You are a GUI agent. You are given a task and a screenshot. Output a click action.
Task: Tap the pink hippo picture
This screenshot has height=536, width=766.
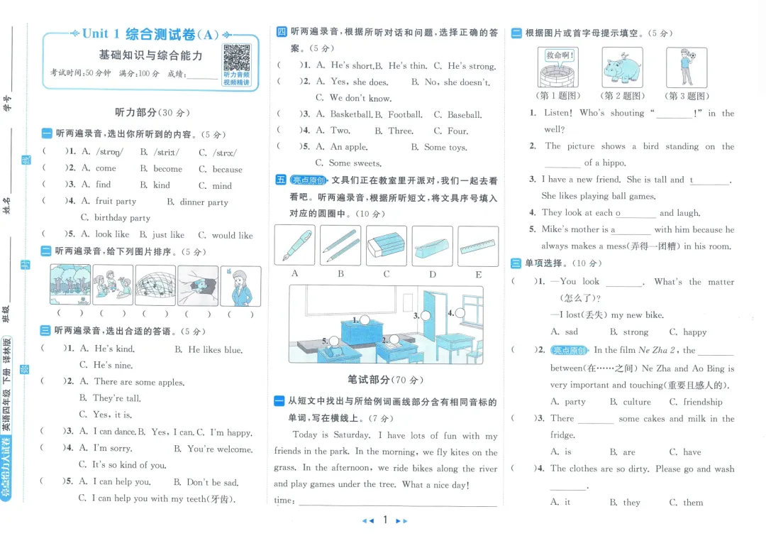(x=622, y=67)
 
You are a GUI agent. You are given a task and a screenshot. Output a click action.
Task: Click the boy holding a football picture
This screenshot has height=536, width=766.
(x=686, y=67)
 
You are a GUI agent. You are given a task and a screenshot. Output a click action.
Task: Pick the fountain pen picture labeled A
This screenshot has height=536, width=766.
(x=294, y=246)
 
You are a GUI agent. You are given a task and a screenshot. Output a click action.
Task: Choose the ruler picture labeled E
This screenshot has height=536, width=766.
(x=478, y=246)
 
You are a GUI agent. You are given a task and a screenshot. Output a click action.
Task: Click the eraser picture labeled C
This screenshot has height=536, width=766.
(x=387, y=246)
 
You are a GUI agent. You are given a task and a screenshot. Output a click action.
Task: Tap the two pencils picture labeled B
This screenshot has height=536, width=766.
(x=340, y=246)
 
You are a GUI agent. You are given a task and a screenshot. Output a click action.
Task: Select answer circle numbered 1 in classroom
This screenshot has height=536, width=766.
(x=365, y=320)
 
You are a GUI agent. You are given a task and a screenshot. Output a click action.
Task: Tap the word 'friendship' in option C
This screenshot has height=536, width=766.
(x=703, y=402)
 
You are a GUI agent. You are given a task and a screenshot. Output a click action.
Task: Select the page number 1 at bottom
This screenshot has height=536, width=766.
(x=384, y=520)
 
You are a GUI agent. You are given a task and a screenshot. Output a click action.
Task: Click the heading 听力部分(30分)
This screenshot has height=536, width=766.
(x=152, y=112)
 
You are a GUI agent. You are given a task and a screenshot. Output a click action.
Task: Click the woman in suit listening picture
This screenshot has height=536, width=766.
(x=240, y=285)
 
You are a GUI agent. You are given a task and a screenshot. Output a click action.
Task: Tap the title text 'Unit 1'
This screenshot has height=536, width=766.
(x=103, y=33)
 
